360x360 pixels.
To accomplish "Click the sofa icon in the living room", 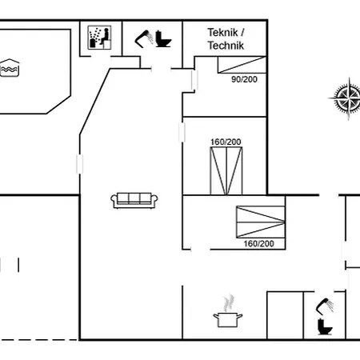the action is pos(134,200).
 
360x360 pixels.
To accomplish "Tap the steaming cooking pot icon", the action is pos(228,311).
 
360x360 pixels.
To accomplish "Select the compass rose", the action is pos(347,98).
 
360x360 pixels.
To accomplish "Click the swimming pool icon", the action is pos(10,68).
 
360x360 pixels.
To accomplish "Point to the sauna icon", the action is pos(99,38).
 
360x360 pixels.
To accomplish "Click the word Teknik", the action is pos(222,33).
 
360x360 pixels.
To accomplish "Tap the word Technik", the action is pos(226,46).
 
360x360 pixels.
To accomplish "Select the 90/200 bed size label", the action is pos(244,79).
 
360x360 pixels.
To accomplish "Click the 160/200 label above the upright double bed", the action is pos(226,142).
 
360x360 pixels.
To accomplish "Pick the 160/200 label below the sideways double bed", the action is pos(258,243).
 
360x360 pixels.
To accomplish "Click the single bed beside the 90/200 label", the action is pos(242,65).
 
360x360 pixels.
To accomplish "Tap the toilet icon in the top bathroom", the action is pos(163,39).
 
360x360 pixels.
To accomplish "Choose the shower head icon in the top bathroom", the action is pos(144,39).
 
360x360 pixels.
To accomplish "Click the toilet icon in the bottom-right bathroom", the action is pos(325,326).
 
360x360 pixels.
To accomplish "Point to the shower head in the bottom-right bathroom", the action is pos(325,306).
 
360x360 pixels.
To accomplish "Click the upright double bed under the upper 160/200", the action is pos(226,170).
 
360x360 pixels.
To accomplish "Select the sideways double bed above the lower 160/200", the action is pos(261,222).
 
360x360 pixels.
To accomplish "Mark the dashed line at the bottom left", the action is pos(39,340).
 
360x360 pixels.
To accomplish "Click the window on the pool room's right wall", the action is pos(79,164).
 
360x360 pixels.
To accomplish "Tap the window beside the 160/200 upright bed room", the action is pos(182,132).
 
